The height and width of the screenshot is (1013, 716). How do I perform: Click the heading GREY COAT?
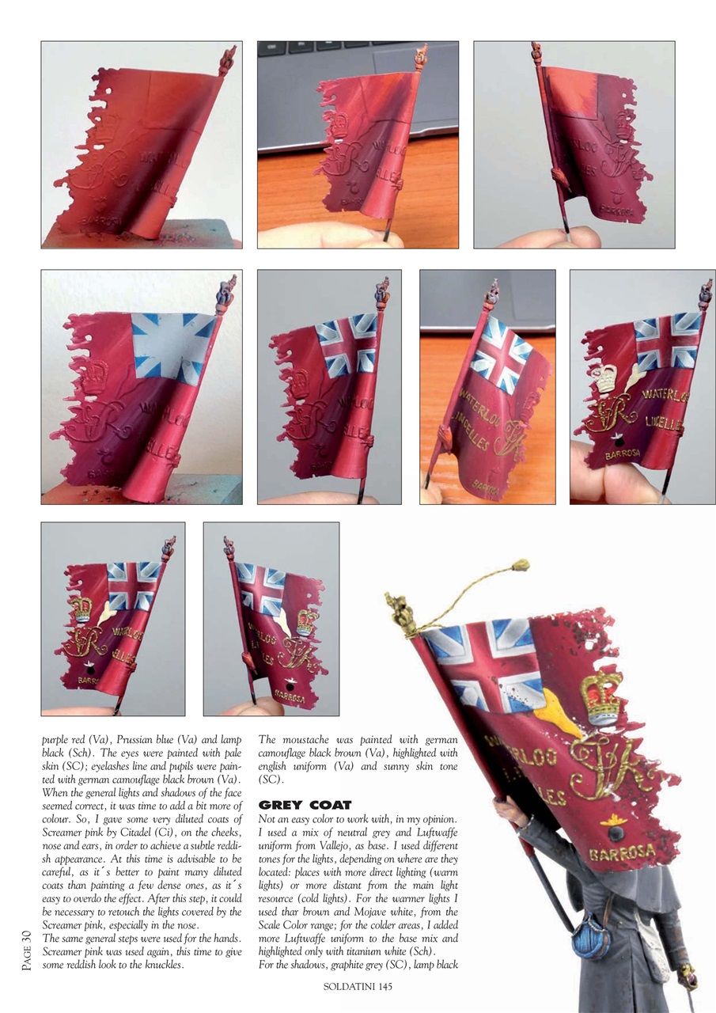(x=305, y=806)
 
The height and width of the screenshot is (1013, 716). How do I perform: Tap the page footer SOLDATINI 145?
(x=358, y=986)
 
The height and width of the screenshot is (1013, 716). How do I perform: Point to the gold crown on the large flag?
(x=601, y=698)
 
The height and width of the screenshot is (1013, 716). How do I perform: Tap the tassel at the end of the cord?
(x=520, y=564)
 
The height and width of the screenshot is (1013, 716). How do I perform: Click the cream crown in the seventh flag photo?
(x=606, y=378)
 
